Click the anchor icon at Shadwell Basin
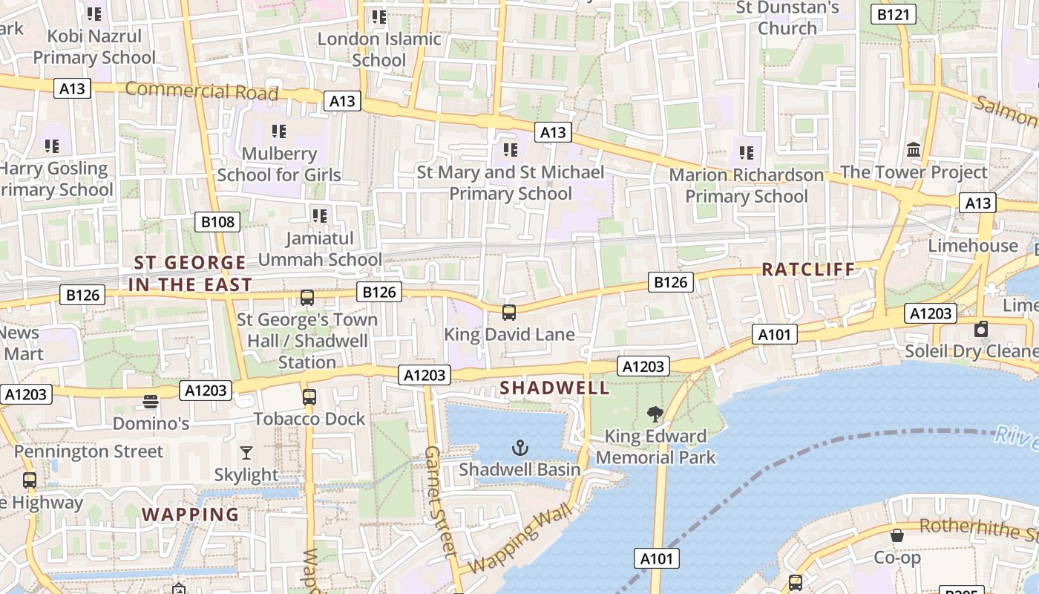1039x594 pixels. [520, 447]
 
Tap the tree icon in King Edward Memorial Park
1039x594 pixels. [655, 414]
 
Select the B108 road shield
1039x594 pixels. [218, 221]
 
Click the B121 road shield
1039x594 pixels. [894, 14]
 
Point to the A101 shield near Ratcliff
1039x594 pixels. [775, 335]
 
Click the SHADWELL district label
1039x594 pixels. [554, 388]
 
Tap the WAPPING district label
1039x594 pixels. [190, 515]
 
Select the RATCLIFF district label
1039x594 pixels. [808, 270]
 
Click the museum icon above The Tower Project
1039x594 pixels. [914, 150]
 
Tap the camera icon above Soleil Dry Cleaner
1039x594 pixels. [981, 329]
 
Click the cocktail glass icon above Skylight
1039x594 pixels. [246, 452]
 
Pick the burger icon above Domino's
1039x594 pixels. [151, 402]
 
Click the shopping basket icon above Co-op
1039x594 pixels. [897, 535]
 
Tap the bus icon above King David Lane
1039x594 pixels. [508, 312]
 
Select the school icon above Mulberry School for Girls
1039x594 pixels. [278, 131]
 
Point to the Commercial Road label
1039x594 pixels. [201, 91]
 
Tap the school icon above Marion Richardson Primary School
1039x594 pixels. [746, 153]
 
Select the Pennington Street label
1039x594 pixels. [88, 451]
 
